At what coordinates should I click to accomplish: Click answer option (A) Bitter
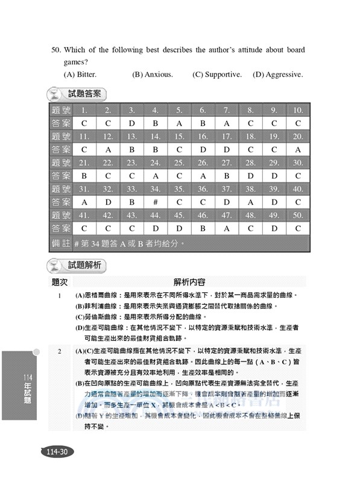click(x=80, y=75)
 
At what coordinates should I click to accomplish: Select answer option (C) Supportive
click(x=217, y=75)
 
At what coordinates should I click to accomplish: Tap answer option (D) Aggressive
click(x=278, y=75)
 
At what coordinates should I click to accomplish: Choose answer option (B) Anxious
click(x=153, y=75)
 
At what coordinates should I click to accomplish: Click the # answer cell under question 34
click(x=155, y=202)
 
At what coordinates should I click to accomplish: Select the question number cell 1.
click(x=84, y=110)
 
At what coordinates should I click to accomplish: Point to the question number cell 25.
click(x=179, y=163)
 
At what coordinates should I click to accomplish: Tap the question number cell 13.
click(x=131, y=137)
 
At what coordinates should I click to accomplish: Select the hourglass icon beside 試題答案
click(x=56, y=95)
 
